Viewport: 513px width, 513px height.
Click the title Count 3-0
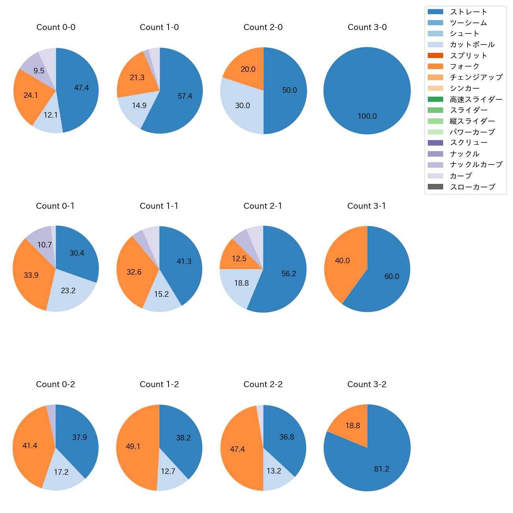coord(367,27)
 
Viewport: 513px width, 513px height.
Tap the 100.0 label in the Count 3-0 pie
coord(367,116)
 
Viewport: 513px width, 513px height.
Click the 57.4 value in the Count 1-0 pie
coord(185,96)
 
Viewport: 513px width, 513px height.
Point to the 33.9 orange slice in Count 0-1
coord(31,275)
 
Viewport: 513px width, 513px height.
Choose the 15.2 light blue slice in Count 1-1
coord(161,294)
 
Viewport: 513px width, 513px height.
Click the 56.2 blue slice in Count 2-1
coord(288,273)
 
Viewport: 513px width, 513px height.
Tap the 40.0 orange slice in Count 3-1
coord(342,261)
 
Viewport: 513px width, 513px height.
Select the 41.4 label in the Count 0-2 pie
coord(30,446)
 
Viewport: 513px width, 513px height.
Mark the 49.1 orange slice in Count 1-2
coord(133,446)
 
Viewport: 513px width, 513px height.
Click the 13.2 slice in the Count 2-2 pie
coord(274,471)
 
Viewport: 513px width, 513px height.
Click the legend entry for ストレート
coord(468,12)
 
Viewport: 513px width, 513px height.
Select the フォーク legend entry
coord(464,66)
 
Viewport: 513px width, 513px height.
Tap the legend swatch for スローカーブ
coord(435,187)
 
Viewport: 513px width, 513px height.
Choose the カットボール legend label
coord(472,45)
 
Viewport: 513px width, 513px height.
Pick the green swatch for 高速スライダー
coord(435,99)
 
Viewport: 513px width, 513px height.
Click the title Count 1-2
coord(159,384)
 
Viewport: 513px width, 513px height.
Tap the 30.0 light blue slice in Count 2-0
coord(242,105)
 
